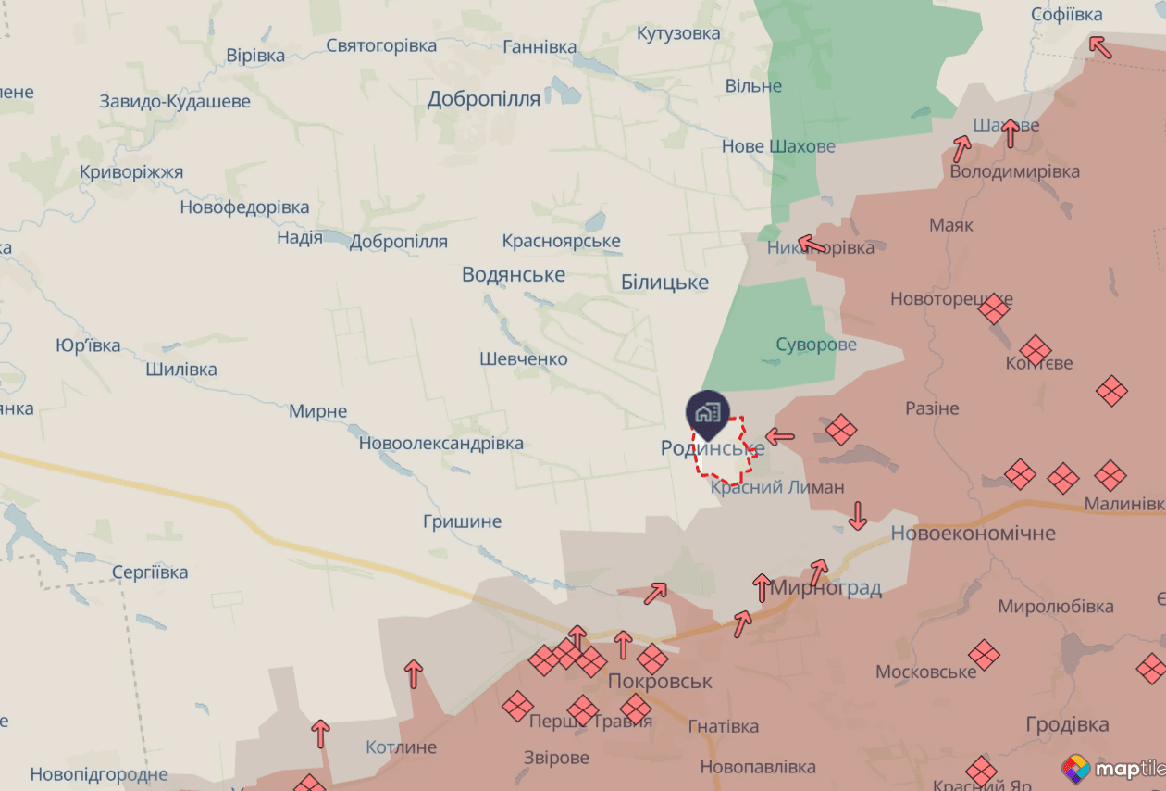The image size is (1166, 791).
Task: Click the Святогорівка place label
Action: (381, 45)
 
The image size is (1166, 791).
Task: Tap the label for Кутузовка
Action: (678, 33)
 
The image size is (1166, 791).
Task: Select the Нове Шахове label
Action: (778, 146)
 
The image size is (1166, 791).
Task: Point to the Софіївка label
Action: (1067, 15)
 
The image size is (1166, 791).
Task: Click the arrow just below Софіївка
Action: (1099, 45)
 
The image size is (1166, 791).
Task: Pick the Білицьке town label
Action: (664, 282)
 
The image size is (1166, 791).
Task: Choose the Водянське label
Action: (514, 275)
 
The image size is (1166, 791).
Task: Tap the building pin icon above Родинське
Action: (708, 413)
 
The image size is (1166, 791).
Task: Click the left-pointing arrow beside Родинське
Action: (780, 435)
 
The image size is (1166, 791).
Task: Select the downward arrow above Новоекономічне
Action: (858, 515)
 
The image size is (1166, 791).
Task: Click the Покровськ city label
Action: (660, 682)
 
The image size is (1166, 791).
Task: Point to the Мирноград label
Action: (826, 588)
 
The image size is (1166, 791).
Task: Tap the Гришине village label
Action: (462, 521)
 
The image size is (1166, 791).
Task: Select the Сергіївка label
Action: (150, 572)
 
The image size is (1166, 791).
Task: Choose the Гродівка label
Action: (1067, 724)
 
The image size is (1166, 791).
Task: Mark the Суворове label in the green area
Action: (816, 345)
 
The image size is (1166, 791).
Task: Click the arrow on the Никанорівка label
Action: (812, 245)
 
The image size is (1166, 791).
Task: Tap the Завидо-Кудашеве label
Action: (175, 101)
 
